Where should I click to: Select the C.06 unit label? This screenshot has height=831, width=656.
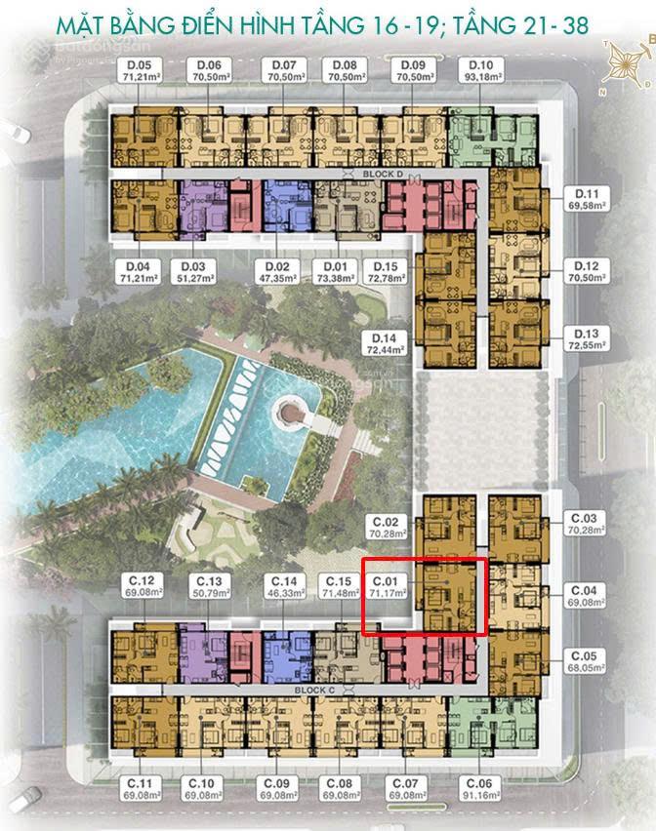(479, 783)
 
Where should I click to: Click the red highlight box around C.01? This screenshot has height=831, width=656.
(424, 597)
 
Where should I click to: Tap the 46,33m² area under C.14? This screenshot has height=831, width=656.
(283, 593)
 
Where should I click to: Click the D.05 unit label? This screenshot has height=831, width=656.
(138, 65)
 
